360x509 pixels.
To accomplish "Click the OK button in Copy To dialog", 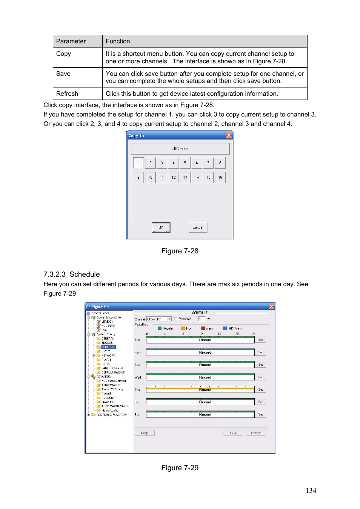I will (161, 227).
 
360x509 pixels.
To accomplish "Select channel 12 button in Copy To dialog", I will (174, 177).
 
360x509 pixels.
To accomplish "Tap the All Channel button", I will (180, 149).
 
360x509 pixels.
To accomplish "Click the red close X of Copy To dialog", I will (229, 136).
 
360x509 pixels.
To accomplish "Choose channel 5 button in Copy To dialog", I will (185, 163).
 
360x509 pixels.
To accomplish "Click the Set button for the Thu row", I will (260, 389).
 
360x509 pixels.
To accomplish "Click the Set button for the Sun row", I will (260, 340).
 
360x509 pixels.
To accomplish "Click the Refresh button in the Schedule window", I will (256, 433).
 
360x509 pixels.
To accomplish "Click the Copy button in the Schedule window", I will (145, 433).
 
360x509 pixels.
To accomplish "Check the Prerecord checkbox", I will (176, 319).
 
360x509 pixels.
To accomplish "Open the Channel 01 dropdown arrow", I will (169, 319).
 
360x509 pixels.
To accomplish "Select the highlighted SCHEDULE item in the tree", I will (108, 347).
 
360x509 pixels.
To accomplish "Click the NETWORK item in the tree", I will (108, 356).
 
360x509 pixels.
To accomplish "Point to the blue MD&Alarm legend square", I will (225, 328).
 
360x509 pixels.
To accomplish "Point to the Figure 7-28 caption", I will (180, 251).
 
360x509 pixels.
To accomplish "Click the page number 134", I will (311, 491).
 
